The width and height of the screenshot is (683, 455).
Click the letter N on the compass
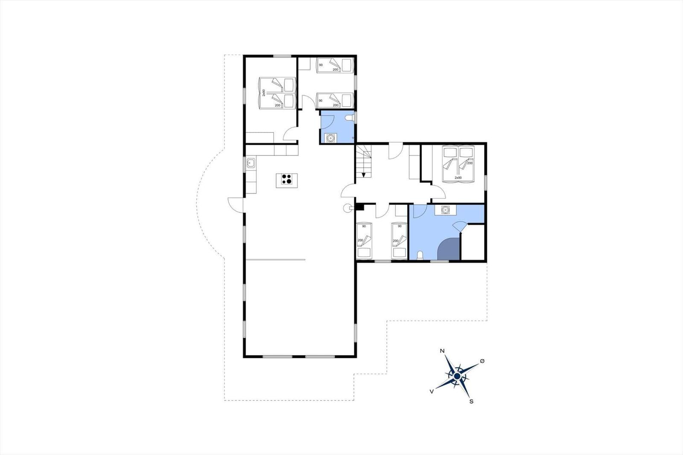tap(443, 351)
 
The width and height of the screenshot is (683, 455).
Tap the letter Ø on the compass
tap(482, 361)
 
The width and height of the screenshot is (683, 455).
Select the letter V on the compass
tap(432, 391)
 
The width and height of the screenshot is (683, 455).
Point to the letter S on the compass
tap(471, 401)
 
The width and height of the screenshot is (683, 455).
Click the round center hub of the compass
tap(457, 376)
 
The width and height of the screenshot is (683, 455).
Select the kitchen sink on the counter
tap(251, 163)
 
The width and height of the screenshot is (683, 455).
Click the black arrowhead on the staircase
tap(364, 174)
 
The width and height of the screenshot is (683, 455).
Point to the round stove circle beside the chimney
tap(347, 208)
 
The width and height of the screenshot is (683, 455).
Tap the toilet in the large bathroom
tap(420, 255)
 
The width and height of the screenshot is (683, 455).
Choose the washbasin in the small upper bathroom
tap(330, 138)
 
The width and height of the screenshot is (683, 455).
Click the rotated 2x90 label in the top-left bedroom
tap(264, 92)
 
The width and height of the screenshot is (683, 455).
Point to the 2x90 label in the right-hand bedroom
tap(458, 178)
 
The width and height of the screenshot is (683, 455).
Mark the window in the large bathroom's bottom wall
tap(439, 260)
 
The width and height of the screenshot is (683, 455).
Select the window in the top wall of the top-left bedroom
tap(282, 56)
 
